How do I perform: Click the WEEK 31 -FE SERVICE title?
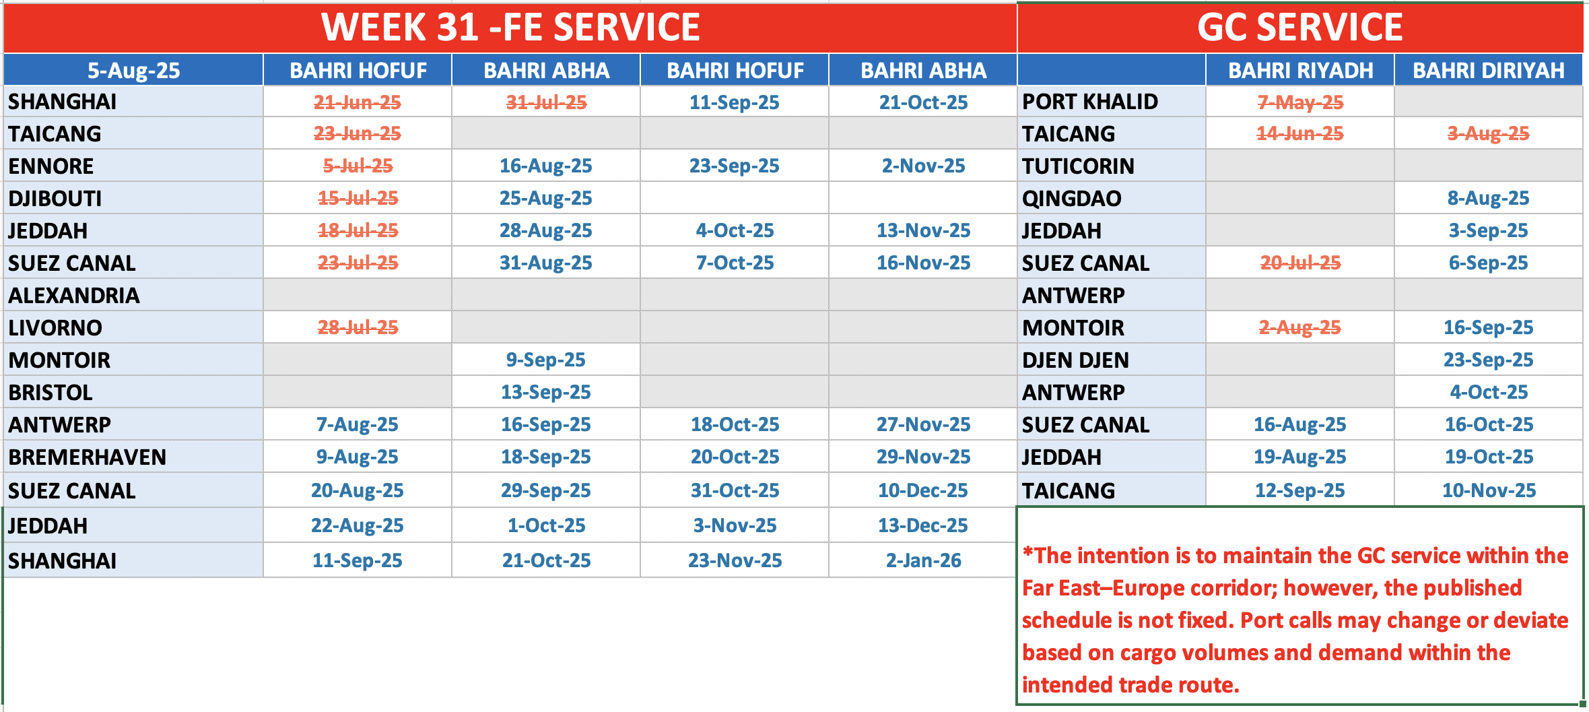point(510,27)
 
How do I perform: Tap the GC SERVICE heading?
point(1299,27)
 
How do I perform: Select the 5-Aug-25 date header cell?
point(134,71)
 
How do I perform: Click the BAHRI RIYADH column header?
point(1300,71)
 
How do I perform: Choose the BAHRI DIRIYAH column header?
point(1489,71)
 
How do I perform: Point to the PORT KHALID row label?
point(1090,102)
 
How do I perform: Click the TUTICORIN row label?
point(1078,166)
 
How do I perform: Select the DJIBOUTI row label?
point(55,199)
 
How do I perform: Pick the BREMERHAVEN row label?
point(87,457)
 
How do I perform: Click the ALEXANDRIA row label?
point(74,296)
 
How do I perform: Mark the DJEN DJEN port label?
point(1075,360)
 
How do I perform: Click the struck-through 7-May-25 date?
point(1300,102)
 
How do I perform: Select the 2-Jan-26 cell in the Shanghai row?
point(923,560)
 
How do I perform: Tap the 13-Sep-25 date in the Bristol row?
point(546,392)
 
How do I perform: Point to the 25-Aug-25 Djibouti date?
point(546,198)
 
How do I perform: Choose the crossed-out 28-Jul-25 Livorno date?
point(358,327)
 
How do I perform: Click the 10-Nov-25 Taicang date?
point(1489,490)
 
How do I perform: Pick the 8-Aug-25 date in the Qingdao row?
point(1489,198)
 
